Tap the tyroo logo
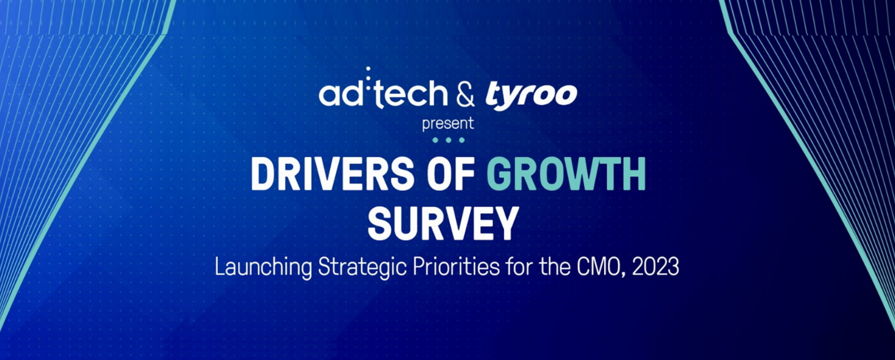click(x=531, y=96)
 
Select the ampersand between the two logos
click(x=465, y=94)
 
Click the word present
click(x=447, y=124)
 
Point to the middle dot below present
click(x=448, y=140)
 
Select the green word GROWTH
click(x=566, y=174)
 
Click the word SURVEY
click(x=443, y=224)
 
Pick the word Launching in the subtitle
click(x=263, y=267)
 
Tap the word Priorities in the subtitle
click(x=456, y=267)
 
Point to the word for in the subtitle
click(x=519, y=267)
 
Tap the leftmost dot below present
click(x=435, y=140)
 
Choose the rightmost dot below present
click(x=461, y=140)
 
